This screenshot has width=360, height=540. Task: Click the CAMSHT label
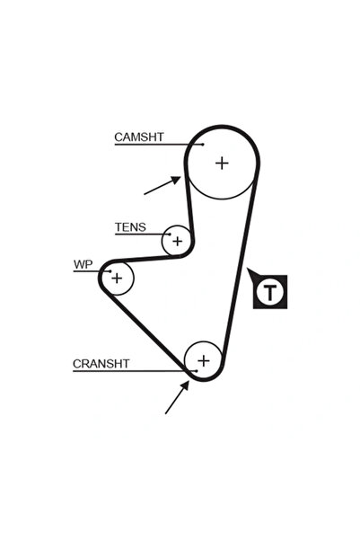[x=138, y=137]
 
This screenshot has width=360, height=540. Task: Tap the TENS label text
[x=130, y=227]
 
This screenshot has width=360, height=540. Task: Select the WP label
[x=83, y=265]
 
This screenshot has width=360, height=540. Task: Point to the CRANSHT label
[x=101, y=364]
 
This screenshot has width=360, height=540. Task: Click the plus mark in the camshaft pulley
[x=222, y=163]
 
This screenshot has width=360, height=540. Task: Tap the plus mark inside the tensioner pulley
[x=177, y=241]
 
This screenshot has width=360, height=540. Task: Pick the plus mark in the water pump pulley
[x=117, y=278]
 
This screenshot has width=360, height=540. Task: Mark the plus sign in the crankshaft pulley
[x=204, y=360]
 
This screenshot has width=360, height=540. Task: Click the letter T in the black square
[x=270, y=292]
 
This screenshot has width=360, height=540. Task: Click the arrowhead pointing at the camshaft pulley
[x=176, y=180]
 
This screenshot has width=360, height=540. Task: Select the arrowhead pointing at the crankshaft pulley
[x=186, y=385]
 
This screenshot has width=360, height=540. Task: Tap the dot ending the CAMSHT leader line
[x=203, y=145]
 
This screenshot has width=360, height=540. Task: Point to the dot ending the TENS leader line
[x=170, y=235]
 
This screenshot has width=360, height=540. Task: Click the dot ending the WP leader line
[x=110, y=271]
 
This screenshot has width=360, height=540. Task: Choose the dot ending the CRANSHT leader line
[x=197, y=371]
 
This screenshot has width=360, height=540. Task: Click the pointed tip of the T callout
[x=247, y=269]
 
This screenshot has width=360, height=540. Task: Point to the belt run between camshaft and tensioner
[x=189, y=203]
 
